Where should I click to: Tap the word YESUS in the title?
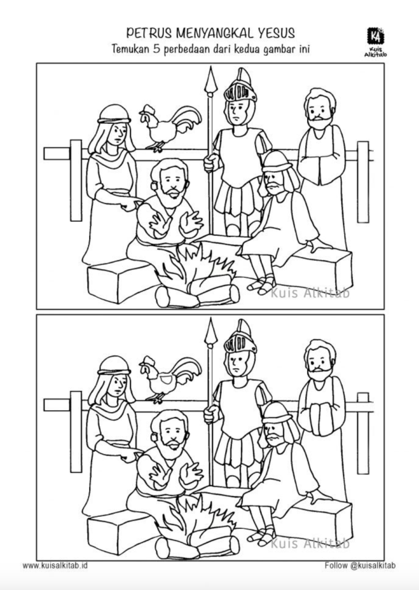tap(276, 33)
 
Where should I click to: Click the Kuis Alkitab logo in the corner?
tap(375, 41)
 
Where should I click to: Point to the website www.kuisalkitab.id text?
tap(55, 565)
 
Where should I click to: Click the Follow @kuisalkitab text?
tap(360, 565)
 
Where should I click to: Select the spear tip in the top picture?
tap(211, 79)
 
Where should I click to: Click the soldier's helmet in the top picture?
tap(241, 86)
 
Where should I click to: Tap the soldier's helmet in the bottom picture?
tap(241, 337)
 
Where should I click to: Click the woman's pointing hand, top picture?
tap(129, 203)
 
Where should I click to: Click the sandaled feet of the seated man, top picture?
tap(262, 284)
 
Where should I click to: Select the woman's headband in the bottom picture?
tap(114, 372)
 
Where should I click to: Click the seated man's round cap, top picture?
tap(277, 162)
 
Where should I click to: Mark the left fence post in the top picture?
tap(76, 180)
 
